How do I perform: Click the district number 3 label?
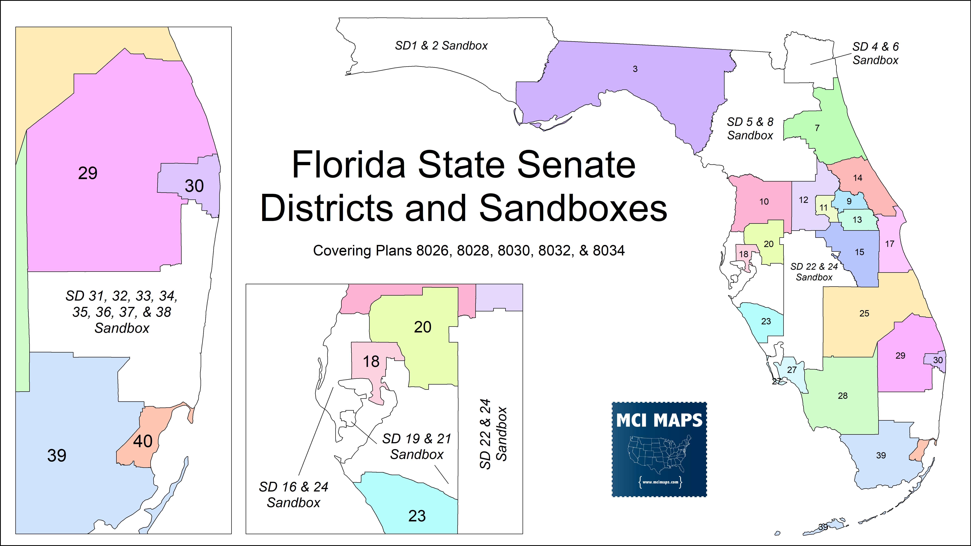click(635, 69)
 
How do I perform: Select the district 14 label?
click(858, 178)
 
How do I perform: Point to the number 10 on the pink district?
click(764, 202)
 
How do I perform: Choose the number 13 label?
click(857, 220)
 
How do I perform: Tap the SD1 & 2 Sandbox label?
click(441, 46)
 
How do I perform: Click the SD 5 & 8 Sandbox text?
click(750, 128)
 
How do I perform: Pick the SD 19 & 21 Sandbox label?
click(417, 447)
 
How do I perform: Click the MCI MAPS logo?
click(659, 449)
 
